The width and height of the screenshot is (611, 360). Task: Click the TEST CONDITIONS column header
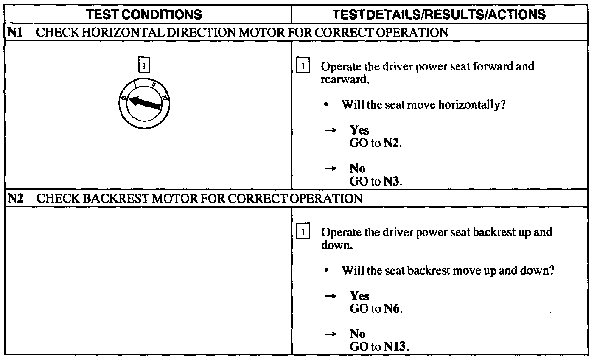(x=144, y=14)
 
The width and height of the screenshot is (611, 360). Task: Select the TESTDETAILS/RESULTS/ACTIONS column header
(x=439, y=14)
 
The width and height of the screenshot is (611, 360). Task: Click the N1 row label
(x=15, y=33)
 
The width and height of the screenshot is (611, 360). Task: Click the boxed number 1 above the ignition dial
(x=144, y=66)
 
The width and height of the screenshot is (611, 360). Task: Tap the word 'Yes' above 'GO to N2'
(x=359, y=130)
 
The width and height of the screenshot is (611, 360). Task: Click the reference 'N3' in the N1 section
(x=392, y=181)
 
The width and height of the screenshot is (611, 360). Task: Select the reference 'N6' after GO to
(x=392, y=309)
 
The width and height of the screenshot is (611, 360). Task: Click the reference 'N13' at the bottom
(x=395, y=346)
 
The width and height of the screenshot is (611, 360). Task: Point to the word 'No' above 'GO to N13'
(x=357, y=334)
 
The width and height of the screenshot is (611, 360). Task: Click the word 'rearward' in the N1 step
(x=344, y=80)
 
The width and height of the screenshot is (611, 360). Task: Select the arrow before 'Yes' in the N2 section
(x=331, y=296)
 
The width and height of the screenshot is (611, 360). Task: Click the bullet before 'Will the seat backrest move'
(x=325, y=270)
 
